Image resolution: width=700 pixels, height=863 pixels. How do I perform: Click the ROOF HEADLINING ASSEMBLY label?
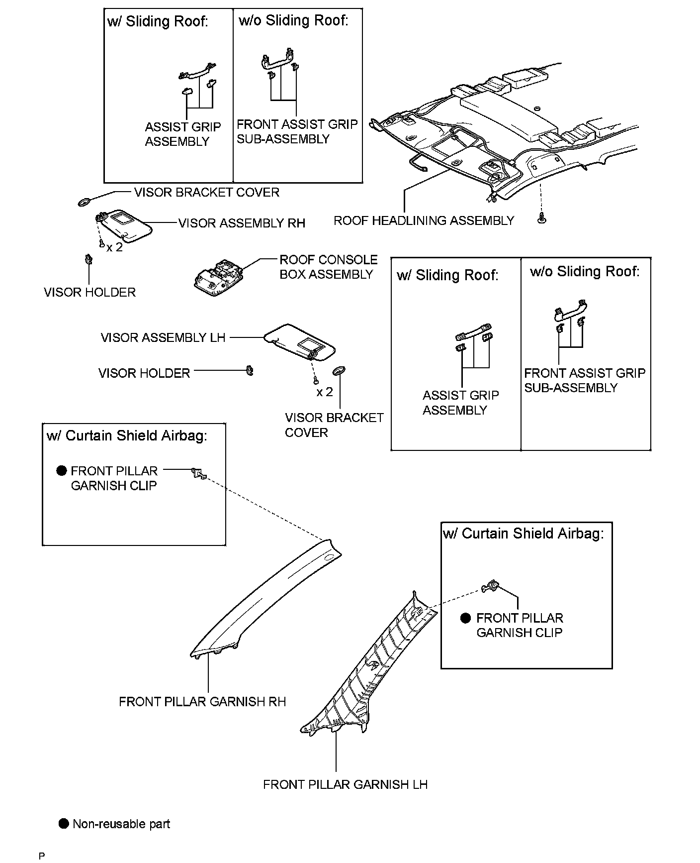(424, 220)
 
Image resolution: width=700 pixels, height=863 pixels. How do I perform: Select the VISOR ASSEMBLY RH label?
(242, 223)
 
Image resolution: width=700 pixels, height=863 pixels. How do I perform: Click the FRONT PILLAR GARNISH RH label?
(202, 701)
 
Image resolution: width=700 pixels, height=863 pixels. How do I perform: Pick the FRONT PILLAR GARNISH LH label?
(345, 784)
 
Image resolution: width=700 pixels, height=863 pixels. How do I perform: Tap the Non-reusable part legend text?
(121, 824)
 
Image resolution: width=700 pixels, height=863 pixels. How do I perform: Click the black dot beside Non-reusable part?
(63, 824)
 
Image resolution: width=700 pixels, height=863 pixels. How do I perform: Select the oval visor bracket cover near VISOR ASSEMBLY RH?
(85, 202)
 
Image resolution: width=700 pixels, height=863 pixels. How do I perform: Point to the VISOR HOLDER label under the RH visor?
(89, 292)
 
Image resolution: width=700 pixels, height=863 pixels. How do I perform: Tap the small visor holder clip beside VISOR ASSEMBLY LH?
(250, 370)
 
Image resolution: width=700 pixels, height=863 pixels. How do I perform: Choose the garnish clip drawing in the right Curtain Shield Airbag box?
(491, 586)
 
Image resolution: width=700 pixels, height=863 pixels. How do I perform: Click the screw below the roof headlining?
(542, 217)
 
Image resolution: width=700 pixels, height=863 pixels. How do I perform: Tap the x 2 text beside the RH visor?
(114, 247)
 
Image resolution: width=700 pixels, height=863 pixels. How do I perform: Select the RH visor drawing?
(124, 224)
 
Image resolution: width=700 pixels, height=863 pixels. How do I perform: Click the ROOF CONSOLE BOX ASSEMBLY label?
(328, 267)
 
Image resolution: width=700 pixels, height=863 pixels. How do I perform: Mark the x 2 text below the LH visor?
(325, 392)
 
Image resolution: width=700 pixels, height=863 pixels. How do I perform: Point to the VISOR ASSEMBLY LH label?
(163, 338)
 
